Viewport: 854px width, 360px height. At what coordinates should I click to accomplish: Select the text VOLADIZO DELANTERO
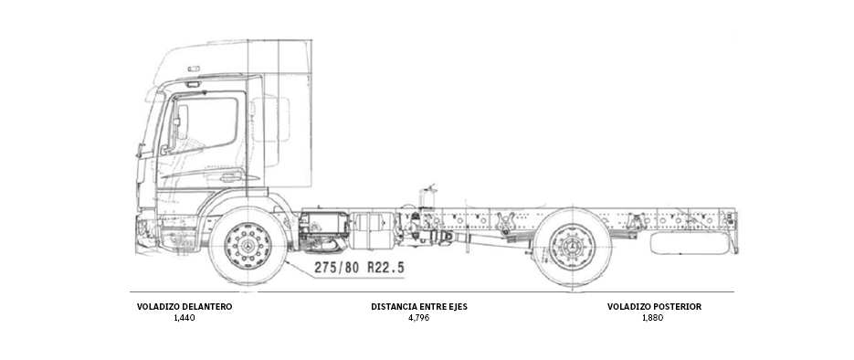[x=184, y=307]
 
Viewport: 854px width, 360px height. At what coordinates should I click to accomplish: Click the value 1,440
[x=184, y=318]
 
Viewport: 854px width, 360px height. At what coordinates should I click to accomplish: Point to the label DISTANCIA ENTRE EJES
[x=418, y=307]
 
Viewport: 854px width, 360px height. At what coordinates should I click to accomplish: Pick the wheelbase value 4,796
[x=418, y=318]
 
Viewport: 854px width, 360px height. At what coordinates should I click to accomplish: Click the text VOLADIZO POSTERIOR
[x=654, y=307]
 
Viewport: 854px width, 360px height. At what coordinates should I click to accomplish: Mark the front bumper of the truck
[x=146, y=228]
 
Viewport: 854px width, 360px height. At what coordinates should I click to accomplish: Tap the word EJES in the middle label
[x=455, y=307]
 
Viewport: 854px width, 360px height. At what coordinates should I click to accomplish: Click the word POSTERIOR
[x=677, y=307]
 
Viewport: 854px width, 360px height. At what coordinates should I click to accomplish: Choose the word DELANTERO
[x=206, y=307]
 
